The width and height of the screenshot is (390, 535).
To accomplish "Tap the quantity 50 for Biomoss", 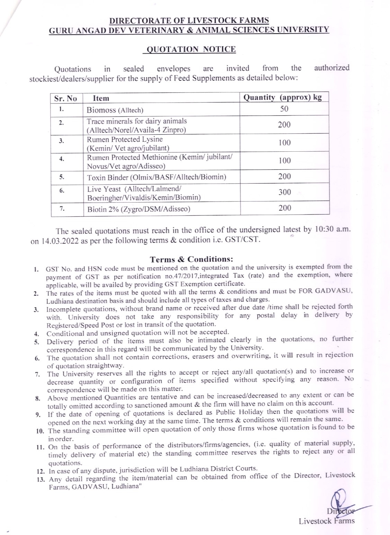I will pyautogui.click(x=284, y=109).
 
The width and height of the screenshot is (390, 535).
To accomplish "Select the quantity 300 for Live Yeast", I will pyautogui.click(x=284, y=192).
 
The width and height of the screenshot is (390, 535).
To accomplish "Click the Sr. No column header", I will pyautogui.click(x=65, y=98).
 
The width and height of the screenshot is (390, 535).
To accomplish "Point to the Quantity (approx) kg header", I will pyautogui.click(x=282, y=97).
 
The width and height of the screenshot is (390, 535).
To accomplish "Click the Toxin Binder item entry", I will pyautogui.click(x=156, y=177).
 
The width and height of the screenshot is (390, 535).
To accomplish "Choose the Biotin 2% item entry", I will pyautogui.click(x=138, y=209).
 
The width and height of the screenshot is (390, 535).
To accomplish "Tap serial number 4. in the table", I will pyautogui.click(x=61, y=159).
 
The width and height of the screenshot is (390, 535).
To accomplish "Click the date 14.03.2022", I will pyautogui.click(x=59, y=241).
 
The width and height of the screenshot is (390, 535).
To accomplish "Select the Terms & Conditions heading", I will pyautogui.click(x=191, y=259).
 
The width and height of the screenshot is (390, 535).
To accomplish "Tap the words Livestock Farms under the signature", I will pyautogui.click(x=327, y=521).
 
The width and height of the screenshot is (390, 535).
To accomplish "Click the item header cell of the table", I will pyautogui.click(x=101, y=98).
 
